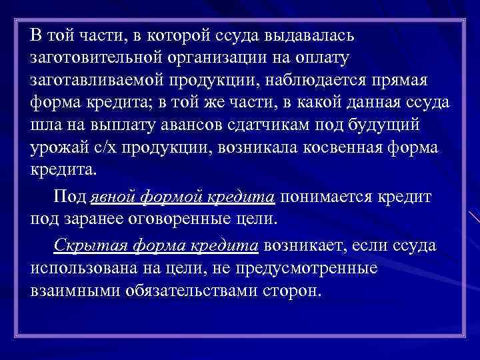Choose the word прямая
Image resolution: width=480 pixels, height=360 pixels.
pos(412,81)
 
